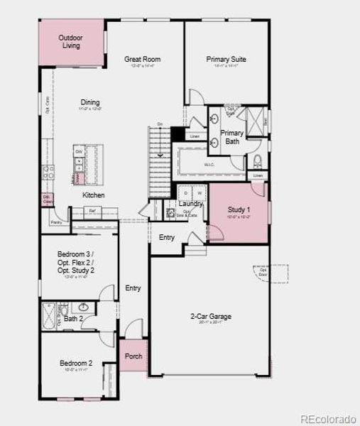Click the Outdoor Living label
point(70,41)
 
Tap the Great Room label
point(142,60)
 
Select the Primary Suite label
point(226,60)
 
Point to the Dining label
point(89,103)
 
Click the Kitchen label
point(93,195)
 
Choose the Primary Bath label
point(231,137)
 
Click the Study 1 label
point(239,210)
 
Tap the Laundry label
point(191,204)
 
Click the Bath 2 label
point(74,319)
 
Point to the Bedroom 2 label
point(76,364)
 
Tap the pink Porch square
point(133,356)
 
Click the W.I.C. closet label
point(209,165)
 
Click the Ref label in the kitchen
point(92,211)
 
